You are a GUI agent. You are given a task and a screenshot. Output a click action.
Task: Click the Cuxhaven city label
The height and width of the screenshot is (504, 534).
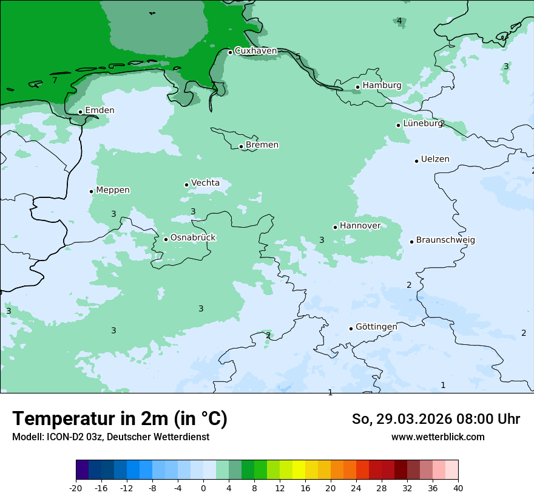coord(255,51)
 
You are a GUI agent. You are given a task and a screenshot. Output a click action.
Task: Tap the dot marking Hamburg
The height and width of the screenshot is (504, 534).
coord(358,87)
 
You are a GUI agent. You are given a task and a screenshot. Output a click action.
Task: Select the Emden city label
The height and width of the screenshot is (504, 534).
coord(100,111)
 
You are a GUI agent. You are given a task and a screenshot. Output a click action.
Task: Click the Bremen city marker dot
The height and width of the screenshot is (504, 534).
coord(241,146)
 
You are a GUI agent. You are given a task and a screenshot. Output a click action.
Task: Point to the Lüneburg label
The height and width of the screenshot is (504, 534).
coord(423,123)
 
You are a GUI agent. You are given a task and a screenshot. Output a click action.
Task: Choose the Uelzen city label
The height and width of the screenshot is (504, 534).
coord(435,159)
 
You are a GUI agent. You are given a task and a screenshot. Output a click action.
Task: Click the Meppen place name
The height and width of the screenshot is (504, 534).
coord(113,190)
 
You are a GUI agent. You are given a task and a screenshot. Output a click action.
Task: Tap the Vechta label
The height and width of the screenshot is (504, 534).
coord(205,183)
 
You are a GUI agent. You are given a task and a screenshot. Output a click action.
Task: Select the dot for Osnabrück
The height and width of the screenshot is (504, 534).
coord(166,239)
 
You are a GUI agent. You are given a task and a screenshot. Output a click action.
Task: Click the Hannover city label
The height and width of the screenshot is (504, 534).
coord(360,226)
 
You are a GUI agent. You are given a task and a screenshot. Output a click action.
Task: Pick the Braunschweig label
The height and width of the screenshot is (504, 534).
coord(445,240)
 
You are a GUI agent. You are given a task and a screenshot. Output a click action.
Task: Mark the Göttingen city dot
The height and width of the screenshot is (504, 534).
coord(351,329)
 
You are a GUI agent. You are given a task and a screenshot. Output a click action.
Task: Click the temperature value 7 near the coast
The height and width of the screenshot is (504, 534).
coord(55,80)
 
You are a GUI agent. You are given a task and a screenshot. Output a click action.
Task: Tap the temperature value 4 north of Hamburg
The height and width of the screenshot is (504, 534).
coord(399,21)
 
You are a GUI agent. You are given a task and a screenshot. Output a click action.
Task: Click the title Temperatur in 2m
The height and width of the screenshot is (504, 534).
coord(120,419)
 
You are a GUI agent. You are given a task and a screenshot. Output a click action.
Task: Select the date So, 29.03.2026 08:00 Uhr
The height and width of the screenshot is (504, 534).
coord(436,419)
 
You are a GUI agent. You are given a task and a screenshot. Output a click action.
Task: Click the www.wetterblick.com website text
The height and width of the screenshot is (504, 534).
coord(438,437)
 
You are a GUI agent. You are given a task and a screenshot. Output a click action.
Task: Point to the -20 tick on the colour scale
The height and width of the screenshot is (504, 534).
coord(76,488)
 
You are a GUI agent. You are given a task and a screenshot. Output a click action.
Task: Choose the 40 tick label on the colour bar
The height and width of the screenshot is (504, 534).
coord(458,488)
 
